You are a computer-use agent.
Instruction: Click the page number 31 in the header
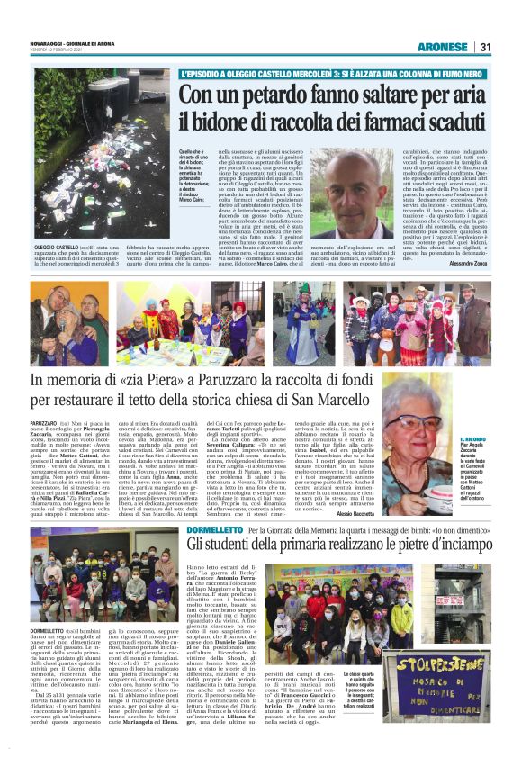(485, 47)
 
